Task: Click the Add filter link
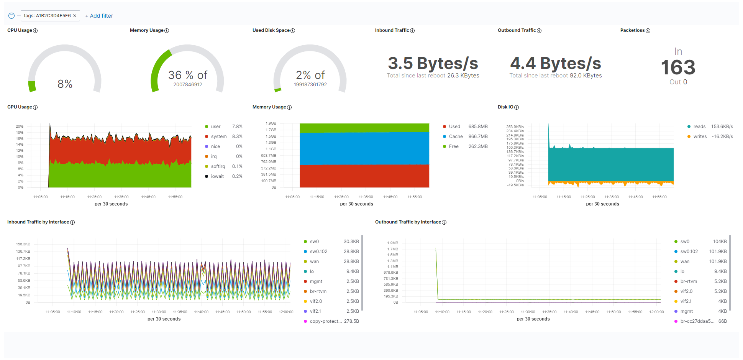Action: (99, 16)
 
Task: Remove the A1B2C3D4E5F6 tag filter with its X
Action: (75, 16)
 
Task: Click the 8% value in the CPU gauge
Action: (65, 84)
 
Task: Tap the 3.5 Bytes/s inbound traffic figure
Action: (433, 63)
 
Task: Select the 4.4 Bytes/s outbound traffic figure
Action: (556, 63)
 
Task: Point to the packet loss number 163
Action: (678, 67)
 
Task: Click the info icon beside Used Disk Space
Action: (293, 31)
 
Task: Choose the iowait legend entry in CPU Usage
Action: (217, 176)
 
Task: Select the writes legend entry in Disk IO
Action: (700, 136)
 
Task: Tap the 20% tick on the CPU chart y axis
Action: (20, 126)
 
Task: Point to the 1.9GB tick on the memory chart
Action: (271, 123)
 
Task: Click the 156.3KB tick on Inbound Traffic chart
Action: (23, 244)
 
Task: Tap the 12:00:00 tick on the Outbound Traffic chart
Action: (656, 312)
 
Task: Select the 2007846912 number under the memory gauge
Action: (188, 85)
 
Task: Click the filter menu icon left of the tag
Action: (11, 16)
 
